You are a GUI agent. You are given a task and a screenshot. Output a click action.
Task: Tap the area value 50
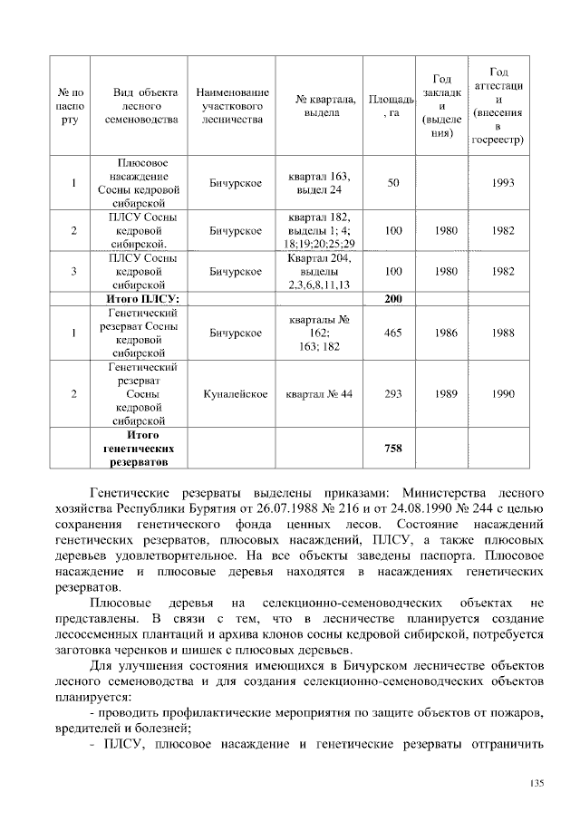coord(392,183)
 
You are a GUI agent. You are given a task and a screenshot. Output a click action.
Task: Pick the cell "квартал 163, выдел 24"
coord(317,183)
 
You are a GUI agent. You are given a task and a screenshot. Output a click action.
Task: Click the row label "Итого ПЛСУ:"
coord(143,298)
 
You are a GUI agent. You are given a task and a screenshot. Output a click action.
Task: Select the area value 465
coord(392,333)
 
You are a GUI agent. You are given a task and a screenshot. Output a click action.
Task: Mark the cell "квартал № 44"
coord(317,394)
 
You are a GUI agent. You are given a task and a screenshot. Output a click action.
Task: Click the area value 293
coord(392,394)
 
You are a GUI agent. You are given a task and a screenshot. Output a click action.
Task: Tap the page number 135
coord(536,784)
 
